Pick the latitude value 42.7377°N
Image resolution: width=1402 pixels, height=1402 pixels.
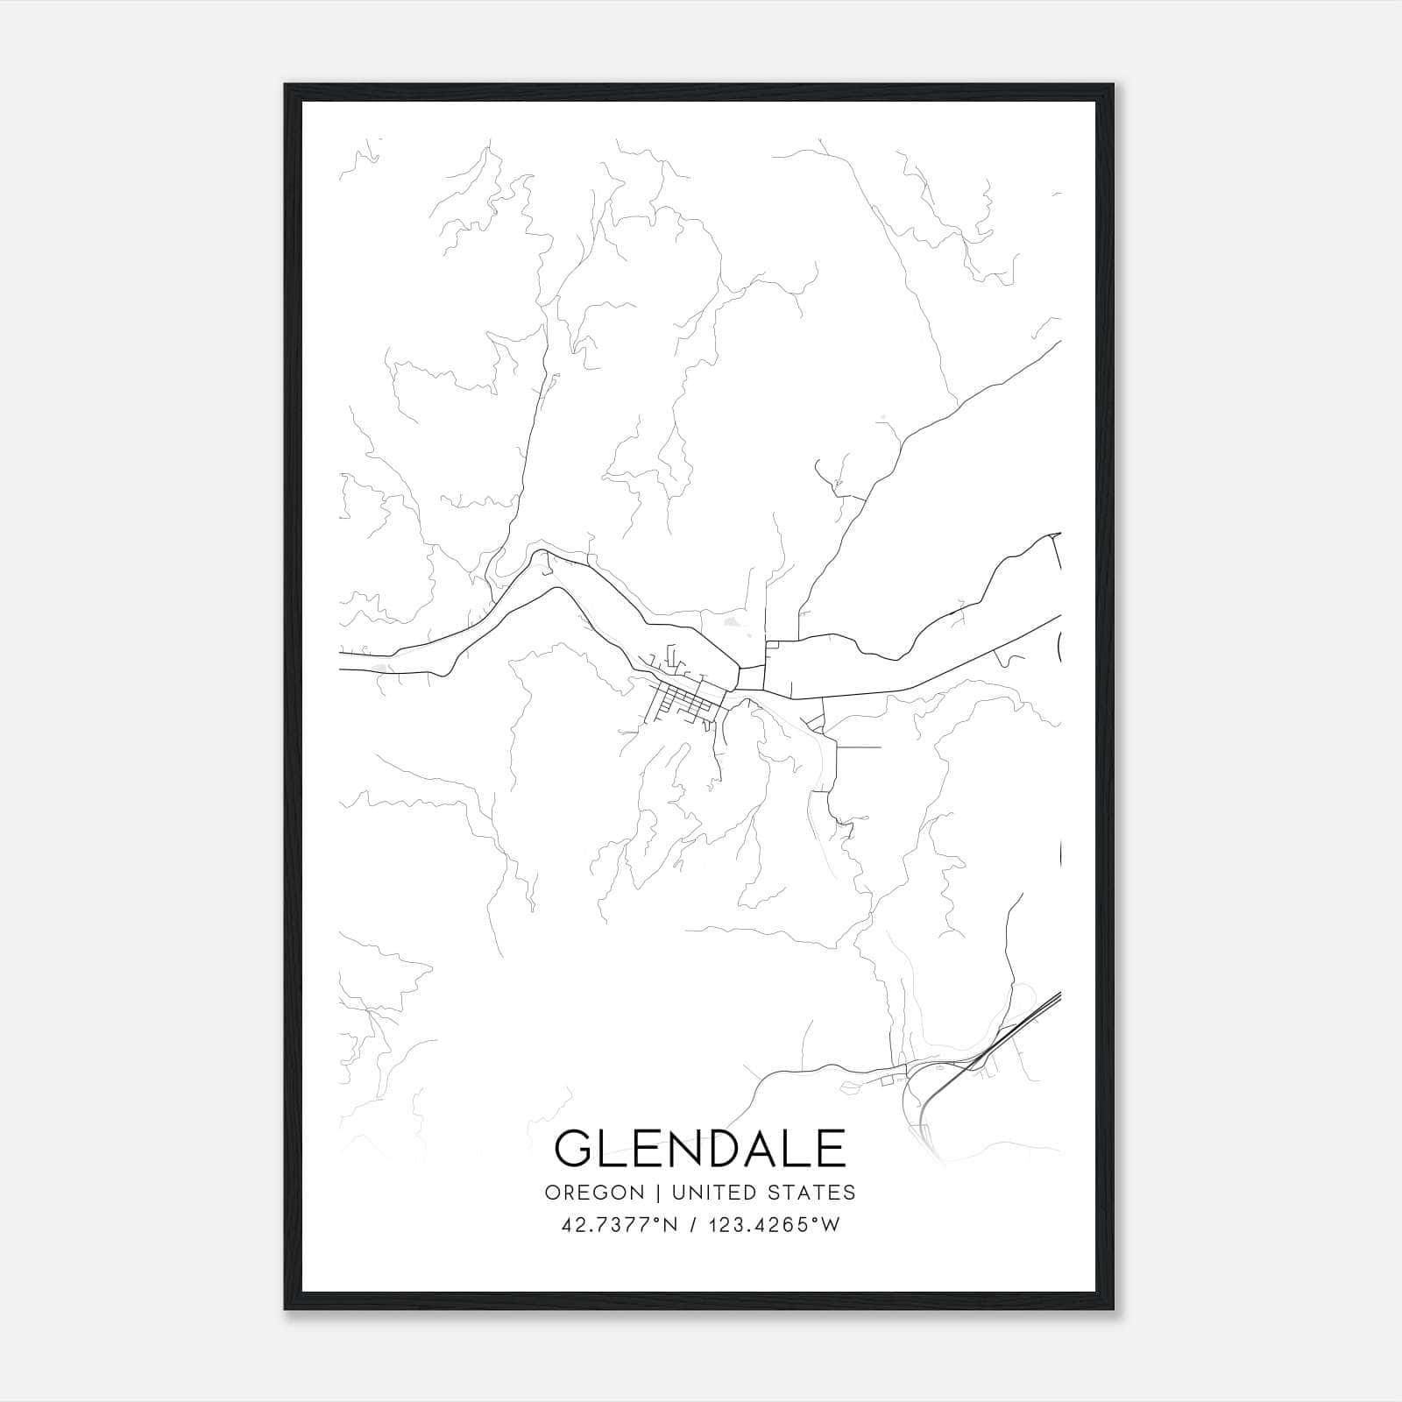619,1225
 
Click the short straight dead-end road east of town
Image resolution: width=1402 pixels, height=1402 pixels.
859,747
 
